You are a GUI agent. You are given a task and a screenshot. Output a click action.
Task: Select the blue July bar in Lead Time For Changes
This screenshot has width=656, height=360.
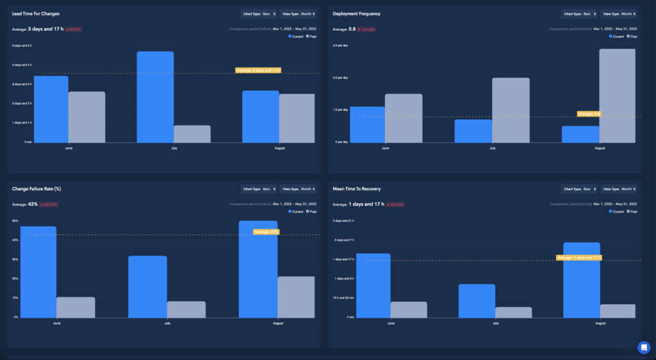pos(155,97)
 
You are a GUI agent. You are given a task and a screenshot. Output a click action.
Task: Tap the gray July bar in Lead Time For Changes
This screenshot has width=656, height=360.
pos(192,134)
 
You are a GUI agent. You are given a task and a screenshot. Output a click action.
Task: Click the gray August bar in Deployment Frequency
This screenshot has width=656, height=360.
pos(617,96)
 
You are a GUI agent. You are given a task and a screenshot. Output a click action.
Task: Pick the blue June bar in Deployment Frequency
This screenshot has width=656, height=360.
pos(367,124)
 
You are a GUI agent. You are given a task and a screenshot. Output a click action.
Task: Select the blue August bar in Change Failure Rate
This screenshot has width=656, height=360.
pos(258,269)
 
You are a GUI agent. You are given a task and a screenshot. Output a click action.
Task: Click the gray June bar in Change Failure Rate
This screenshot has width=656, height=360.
pos(76,307)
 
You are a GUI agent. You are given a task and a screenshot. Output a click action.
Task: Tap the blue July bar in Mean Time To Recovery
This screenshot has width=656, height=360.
pos(477,300)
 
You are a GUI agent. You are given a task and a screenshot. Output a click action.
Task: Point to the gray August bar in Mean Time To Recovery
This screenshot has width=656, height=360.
pos(618,311)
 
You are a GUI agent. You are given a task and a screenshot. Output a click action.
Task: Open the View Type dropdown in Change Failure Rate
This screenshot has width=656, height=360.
pos(299,189)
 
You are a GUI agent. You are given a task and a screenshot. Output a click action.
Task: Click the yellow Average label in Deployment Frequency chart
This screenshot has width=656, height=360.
pos(589,114)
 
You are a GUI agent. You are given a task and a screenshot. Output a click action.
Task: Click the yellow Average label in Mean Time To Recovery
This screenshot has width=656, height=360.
pos(579,258)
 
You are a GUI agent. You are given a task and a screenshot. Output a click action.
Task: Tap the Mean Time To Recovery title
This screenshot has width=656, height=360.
pos(357,189)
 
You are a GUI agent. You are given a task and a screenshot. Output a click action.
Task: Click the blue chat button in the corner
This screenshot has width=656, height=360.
pos(644,347)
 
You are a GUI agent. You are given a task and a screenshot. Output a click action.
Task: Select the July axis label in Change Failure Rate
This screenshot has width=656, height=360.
pos(167,323)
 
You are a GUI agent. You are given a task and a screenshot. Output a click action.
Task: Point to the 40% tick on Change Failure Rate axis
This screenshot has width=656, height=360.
pos(15,240)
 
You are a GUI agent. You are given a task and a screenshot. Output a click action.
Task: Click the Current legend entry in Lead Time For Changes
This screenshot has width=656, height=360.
pos(296,37)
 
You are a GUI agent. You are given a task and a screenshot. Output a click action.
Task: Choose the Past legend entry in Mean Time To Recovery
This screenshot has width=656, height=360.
pos(631,211)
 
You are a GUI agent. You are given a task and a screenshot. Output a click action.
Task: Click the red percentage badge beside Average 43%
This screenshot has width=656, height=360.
pos(49,205)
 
